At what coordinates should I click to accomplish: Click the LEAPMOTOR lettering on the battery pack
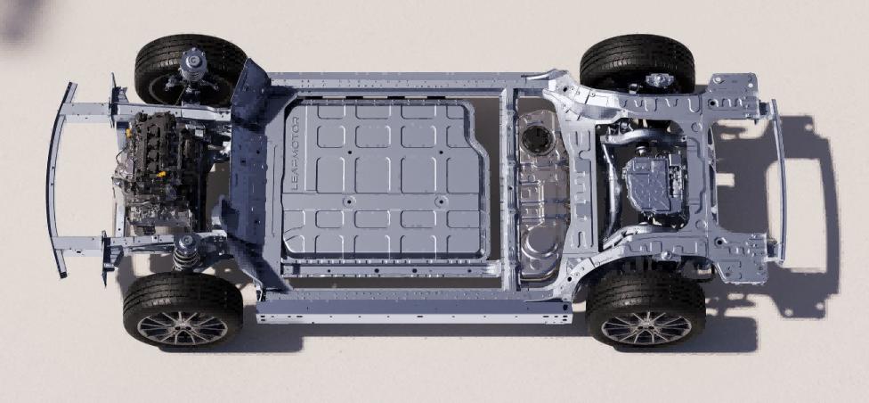[x=295, y=153]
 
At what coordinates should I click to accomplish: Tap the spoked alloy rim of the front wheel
[x=183, y=327]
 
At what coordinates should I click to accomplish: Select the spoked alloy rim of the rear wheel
[x=646, y=328]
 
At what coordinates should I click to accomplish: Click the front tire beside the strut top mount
[x=191, y=69]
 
